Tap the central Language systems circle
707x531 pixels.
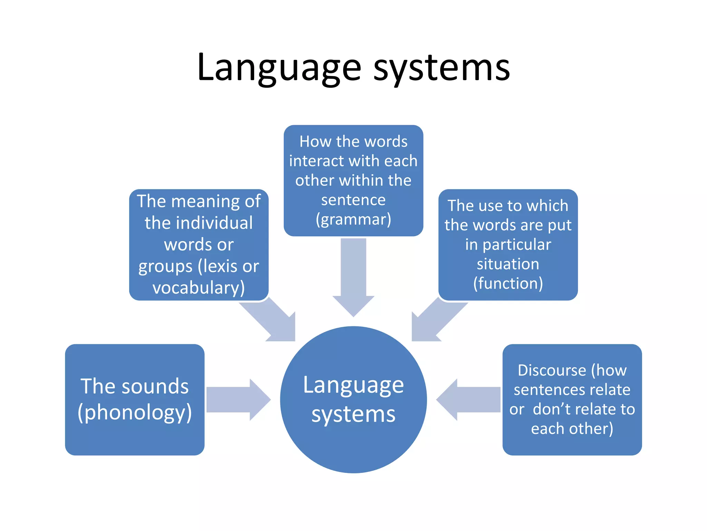[x=353, y=400]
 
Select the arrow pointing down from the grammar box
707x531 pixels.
[x=353, y=277]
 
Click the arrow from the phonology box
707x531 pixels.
[x=238, y=400]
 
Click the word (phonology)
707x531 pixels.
[x=135, y=412]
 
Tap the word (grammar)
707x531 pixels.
[x=353, y=219]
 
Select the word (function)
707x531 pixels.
[x=508, y=283]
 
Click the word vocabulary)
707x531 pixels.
[x=198, y=288]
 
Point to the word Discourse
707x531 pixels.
[x=552, y=370]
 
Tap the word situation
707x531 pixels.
[x=508, y=264]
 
